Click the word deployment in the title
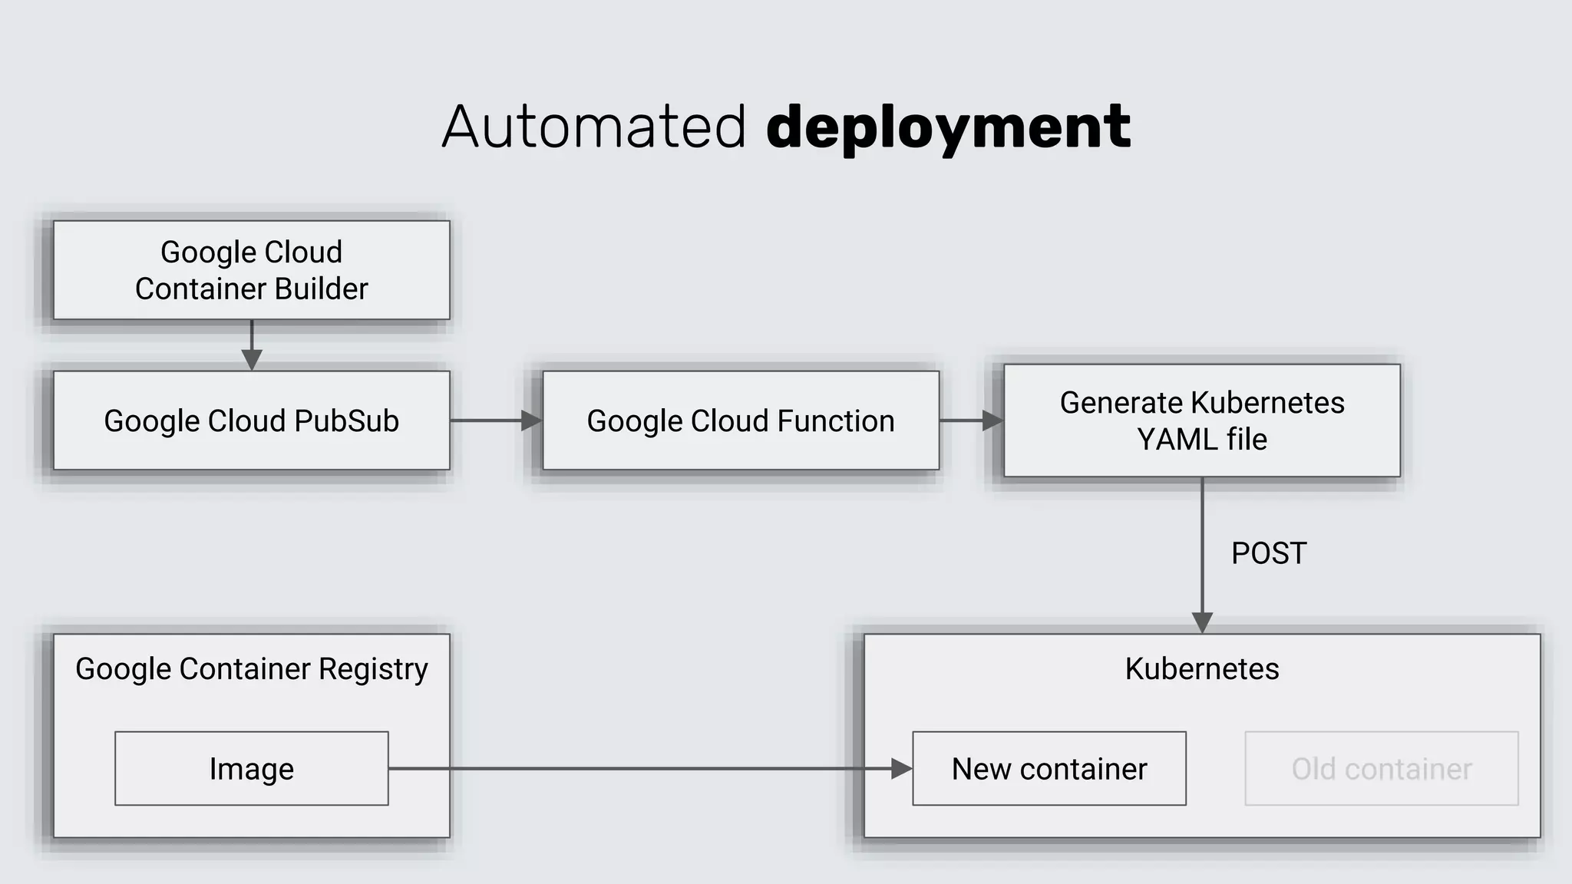(948, 127)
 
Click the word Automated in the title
(593, 127)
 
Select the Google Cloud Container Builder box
(251, 270)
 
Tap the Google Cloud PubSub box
(251, 421)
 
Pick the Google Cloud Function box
(740, 421)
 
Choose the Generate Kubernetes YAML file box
(1201, 421)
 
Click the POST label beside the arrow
(1268, 553)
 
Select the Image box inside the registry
(251, 768)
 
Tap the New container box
(1049, 768)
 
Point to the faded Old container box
(1381, 768)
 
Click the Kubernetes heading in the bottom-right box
(1201, 668)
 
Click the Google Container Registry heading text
(251, 668)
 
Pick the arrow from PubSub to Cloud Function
(495, 421)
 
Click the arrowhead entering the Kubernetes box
(1202, 622)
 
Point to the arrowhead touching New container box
(901, 768)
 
